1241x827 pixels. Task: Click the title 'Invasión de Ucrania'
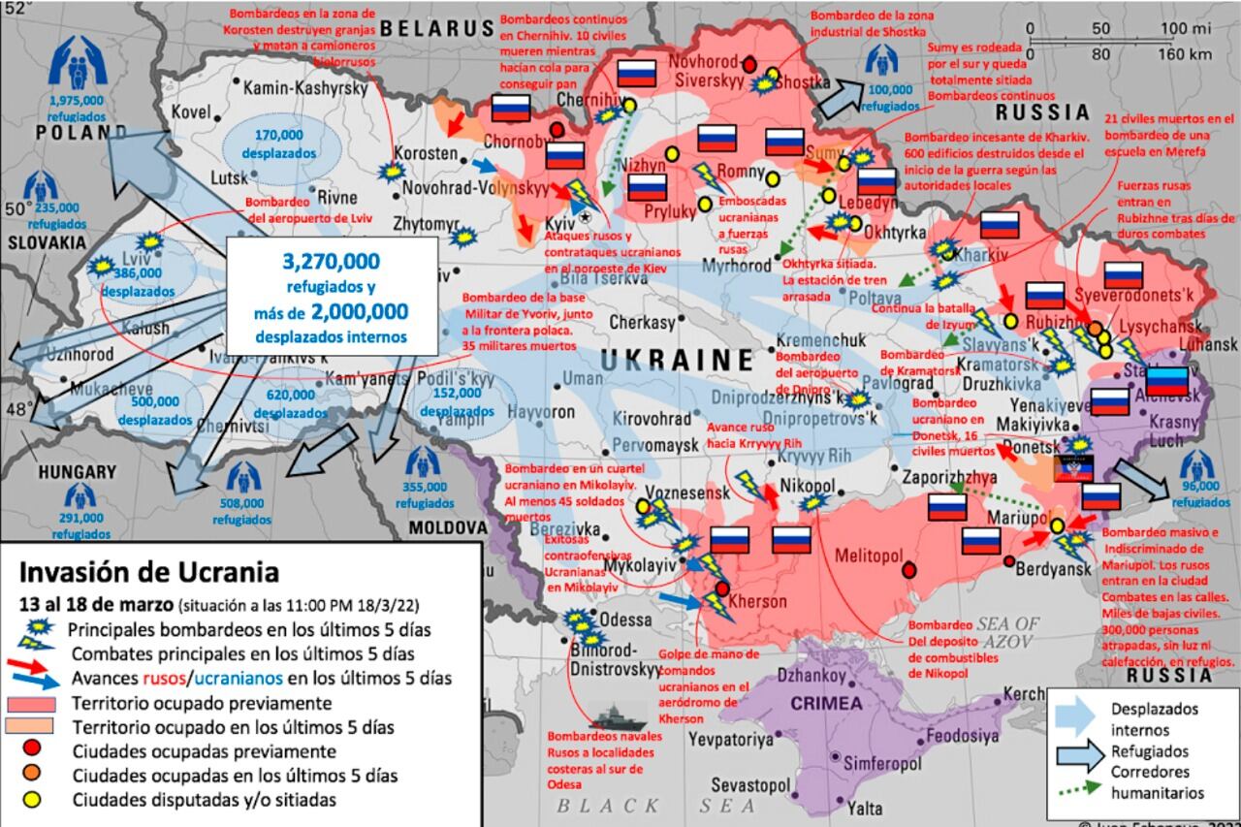coord(149,571)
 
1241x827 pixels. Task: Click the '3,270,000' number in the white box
coord(332,262)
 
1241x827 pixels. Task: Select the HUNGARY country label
coord(77,472)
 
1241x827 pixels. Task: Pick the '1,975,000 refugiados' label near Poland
coord(76,108)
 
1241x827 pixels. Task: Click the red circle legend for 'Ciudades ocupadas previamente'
coord(32,750)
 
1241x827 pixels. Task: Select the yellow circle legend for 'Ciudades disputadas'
coord(32,800)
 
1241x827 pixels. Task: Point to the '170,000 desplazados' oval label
coord(280,143)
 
